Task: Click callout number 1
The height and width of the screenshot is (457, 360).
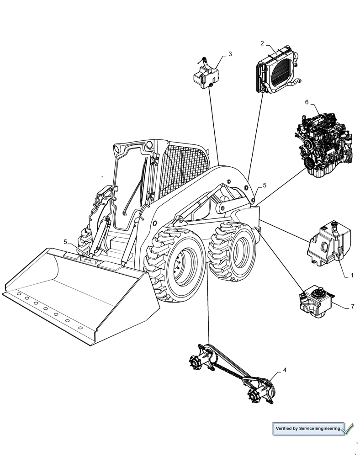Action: tap(352, 276)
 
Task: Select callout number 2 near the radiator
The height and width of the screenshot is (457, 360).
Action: tap(262, 43)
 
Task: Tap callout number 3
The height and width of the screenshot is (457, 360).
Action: tap(230, 54)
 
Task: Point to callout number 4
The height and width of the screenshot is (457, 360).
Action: tap(285, 370)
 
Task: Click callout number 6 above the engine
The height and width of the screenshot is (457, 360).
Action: tap(307, 102)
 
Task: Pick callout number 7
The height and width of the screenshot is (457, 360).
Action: tap(352, 307)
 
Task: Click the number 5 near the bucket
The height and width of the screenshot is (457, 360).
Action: tap(65, 242)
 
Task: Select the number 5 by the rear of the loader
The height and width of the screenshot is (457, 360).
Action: tap(264, 186)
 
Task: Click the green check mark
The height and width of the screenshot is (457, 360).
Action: tap(347, 429)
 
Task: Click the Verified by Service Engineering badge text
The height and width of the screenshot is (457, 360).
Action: tap(308, 429)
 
